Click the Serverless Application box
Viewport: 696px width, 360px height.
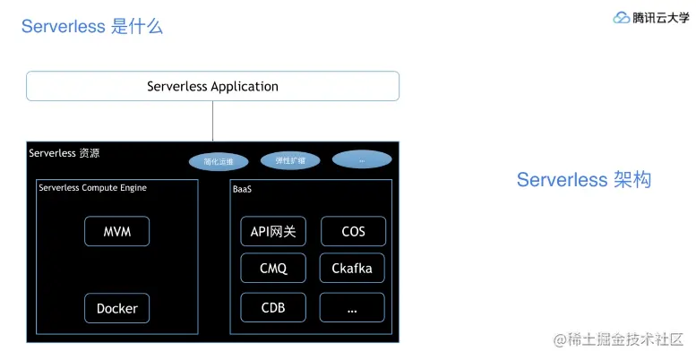[x=212, y=87]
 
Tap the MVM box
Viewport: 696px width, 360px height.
[x=116, y=231]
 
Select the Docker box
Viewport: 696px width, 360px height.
[x=116, y=308]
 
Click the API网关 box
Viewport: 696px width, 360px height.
[x=273, y=231]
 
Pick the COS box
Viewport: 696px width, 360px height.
[x=353, y=231]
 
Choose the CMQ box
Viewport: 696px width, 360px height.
[x=273, y=268]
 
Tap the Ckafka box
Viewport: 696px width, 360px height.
[x=352, y=268]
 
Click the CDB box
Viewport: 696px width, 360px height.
[x=273, y=307]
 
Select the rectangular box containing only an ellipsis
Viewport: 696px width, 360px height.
[x=352, y=307]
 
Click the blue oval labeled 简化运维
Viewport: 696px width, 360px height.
[x=219, y=162]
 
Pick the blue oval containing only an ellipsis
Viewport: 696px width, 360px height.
[x=362, y=159]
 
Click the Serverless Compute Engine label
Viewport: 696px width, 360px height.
[x=93, y=188]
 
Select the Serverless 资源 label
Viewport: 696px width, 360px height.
[x=64, y=153]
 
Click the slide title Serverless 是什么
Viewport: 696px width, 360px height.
[x=92, y=26]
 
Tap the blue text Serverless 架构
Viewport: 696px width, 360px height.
[x=583, y=180]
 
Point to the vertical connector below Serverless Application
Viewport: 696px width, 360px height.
[x=213, y=121]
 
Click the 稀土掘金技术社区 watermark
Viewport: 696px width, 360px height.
[x=618, y=339]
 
